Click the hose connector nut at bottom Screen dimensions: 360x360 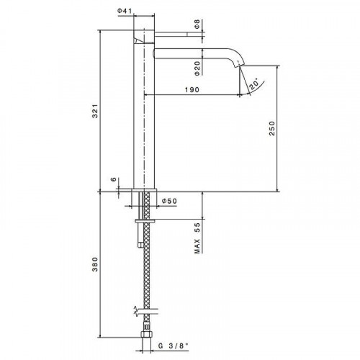(x=147, y=335)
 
